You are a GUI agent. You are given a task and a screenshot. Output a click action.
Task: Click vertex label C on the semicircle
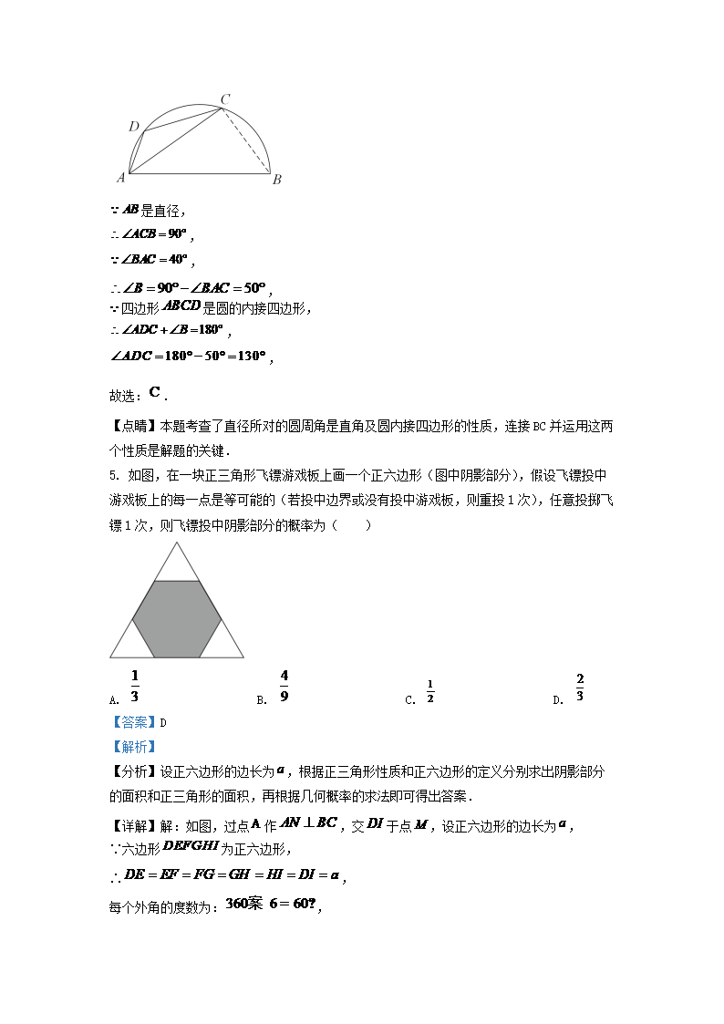(x=225, y=98)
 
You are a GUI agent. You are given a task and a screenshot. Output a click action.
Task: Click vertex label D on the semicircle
(x=133, y=127)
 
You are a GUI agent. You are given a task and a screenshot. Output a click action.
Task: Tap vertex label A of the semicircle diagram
(x=120, y=178)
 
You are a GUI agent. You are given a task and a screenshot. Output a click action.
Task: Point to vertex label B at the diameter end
(x=276, y=180)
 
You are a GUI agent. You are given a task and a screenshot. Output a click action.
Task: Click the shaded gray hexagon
(x=177, y=618)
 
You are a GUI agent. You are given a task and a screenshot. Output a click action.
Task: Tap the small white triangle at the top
(x=177, y=564)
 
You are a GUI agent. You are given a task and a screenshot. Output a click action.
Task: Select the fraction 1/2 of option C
(x=429, y=692)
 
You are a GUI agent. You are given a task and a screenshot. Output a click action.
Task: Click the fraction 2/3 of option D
(x=580, y=687)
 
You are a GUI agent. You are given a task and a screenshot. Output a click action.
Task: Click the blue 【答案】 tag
(x=133, y=723)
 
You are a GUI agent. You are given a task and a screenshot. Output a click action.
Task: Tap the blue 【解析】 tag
(x=133, y=747)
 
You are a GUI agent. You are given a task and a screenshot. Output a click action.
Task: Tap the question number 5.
(x=112, y=475)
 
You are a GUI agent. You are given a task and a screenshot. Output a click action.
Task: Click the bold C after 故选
(x=154, y=393)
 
